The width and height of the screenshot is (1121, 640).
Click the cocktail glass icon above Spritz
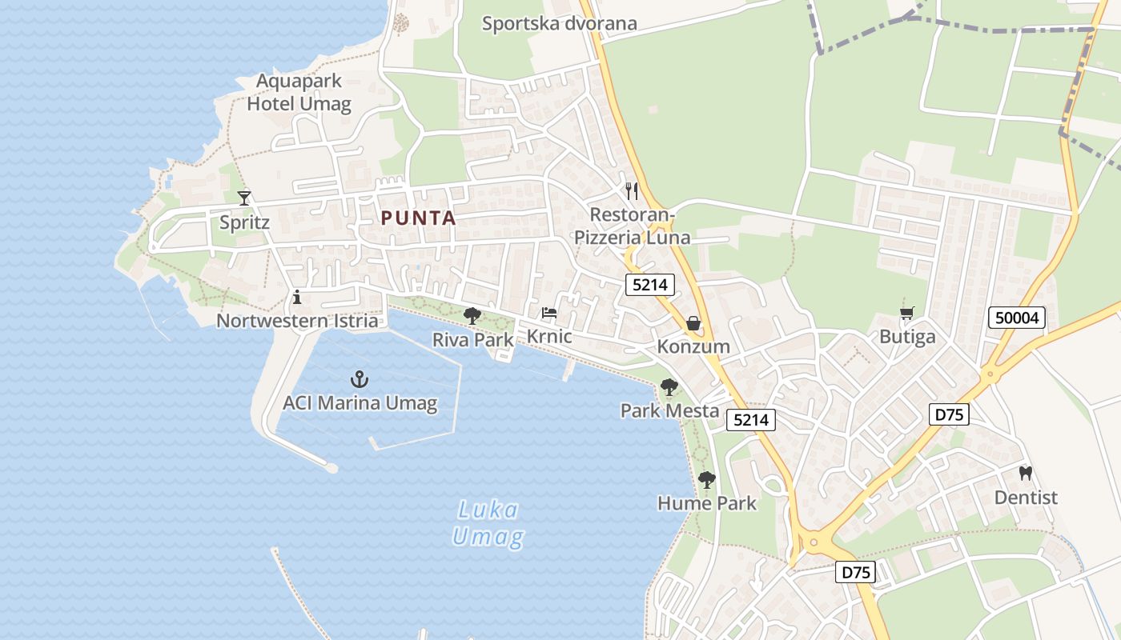[x=244, y=198]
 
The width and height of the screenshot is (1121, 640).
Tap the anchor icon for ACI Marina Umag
[x=360, y=379]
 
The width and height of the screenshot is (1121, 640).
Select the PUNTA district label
[x=418, y=218]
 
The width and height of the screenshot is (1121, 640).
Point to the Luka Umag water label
[x=488, y=523]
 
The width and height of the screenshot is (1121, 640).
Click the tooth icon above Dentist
[x=1025, y=473]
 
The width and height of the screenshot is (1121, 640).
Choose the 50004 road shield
[x=1017, y=318]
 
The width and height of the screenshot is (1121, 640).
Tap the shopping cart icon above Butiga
[x=906, y=313]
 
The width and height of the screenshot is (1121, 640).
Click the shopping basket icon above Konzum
[x=693, y=323]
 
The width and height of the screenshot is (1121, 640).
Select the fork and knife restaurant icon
[x=632, y=190]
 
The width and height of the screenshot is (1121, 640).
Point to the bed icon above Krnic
[x=549, y=312]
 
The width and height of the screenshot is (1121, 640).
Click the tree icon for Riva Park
[x=472, y=315]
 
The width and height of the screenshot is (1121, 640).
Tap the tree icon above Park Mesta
[x=669, y=387]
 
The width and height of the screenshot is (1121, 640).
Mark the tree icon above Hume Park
[x=706, y=479]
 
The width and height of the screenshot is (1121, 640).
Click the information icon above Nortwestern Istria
[x=297, y=297]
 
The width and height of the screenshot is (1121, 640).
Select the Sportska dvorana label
[x=559, y=23]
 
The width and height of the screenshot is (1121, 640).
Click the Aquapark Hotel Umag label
[x=299, y=92]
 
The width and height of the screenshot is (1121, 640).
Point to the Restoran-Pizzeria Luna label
[x=632, y=226]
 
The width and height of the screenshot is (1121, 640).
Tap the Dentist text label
[x=1026, y=498]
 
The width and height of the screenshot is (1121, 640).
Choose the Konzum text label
[x=693, y=346]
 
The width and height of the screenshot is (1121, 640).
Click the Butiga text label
[x=907, y=336]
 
